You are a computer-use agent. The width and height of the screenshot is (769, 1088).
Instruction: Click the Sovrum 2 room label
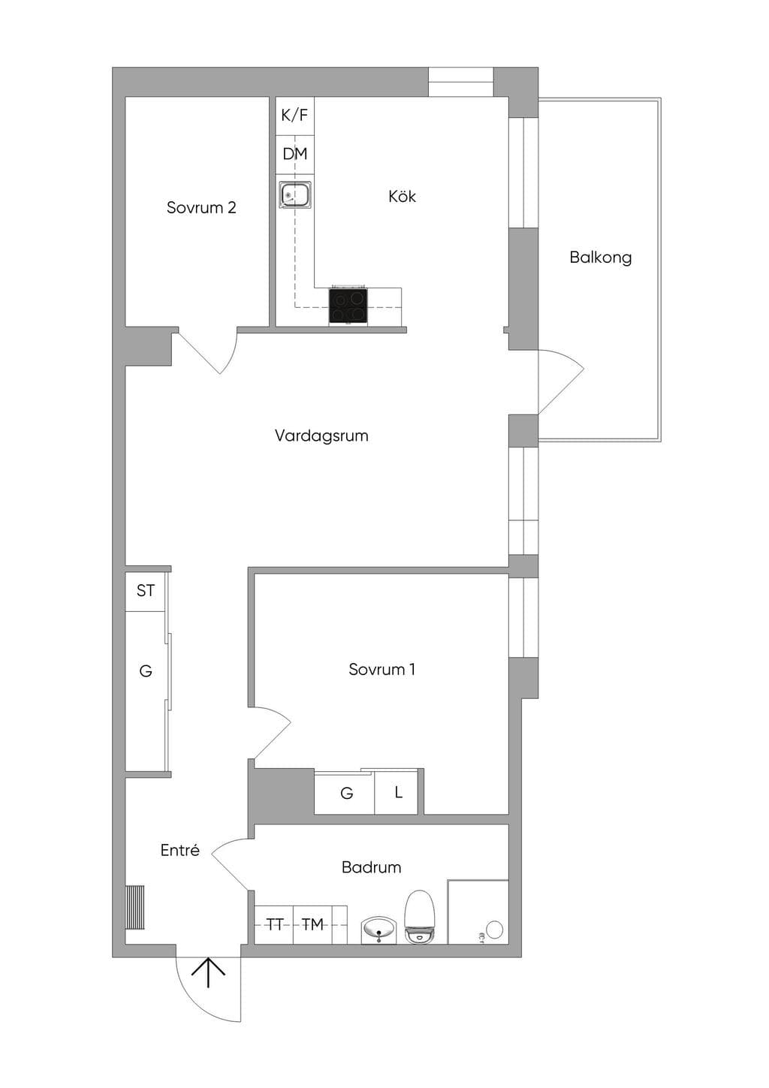[x=201, y=207]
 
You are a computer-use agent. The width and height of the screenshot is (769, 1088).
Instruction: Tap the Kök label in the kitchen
[x=402, y=196]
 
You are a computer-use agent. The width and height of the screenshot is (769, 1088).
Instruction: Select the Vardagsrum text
[x=321, y=436]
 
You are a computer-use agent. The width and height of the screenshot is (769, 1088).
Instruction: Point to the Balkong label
[x=601, y=258]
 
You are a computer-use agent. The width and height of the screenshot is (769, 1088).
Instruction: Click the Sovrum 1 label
[x=381, y=669]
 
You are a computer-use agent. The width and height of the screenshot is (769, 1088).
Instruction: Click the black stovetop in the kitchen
[x=348, y=306]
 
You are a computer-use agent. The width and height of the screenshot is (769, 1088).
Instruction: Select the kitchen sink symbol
[x=295, y=195]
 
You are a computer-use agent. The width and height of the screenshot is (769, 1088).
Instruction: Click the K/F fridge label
[x=294, y=116]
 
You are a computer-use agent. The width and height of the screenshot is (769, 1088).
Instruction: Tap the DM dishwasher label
[x=295, y=154]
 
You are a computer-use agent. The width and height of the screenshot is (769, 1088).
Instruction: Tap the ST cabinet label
[x=145, y=591]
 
